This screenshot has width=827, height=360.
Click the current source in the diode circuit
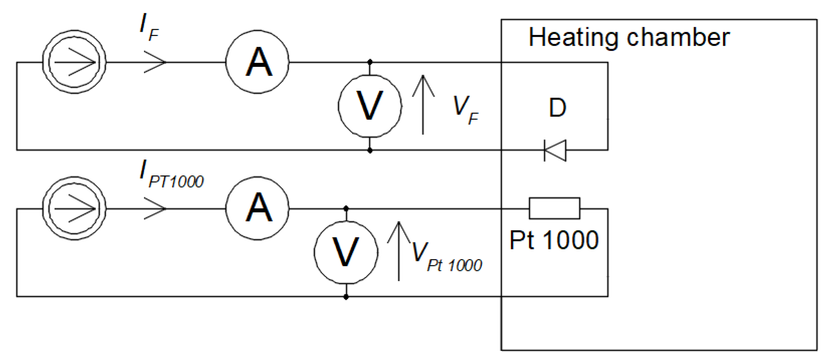[74, 62]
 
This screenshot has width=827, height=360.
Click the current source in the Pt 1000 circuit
[74, 208]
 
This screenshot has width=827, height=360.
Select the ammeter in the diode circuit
[257, 62]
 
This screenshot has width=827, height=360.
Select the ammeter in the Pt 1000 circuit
[257, 208]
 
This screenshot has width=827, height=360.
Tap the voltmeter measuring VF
[370, 106]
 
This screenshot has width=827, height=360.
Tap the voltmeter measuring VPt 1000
[346, 253]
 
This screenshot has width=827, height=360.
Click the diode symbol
[555, 150]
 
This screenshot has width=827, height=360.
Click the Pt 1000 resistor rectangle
[554, 208]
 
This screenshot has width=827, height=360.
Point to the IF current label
[149, 28]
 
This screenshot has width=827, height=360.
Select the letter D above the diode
[557, 108]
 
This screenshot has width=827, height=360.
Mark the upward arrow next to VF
[423, 104]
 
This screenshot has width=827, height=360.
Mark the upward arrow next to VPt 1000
[399, 251]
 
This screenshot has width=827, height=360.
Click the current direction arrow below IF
[155, 62]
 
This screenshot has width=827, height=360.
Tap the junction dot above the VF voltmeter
[370, 62]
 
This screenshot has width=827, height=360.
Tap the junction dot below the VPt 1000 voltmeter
[346, 297]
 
